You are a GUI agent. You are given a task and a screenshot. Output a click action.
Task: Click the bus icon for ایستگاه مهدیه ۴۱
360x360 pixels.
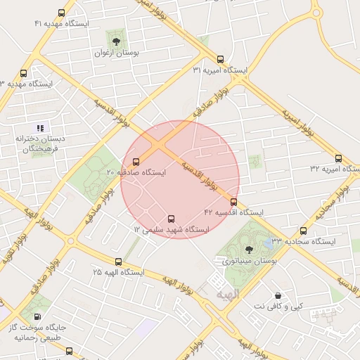pos(62,13)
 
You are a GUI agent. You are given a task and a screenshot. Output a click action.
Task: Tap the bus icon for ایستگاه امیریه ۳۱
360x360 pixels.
pos(221,59)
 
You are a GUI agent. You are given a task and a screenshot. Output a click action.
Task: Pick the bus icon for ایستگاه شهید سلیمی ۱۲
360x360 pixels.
pos(172,218)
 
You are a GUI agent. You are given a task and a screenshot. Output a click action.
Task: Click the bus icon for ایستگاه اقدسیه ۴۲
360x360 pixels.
pos(233,201)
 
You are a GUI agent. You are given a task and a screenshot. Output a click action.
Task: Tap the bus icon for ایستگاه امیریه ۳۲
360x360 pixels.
pos(338,158)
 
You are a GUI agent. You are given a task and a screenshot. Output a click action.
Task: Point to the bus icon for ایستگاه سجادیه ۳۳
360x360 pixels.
pos(303,231)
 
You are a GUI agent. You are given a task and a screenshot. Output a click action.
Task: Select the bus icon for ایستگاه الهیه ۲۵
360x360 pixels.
pos(117,261)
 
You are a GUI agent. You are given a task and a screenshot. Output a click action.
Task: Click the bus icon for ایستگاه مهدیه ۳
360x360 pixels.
pos(24,73)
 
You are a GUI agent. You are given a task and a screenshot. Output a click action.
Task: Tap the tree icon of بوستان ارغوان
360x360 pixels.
pos(116,41)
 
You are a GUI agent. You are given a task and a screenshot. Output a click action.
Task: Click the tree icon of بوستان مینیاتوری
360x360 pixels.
pos(248,249)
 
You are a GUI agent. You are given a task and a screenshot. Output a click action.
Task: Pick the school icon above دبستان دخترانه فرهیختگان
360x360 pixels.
pos(41,127)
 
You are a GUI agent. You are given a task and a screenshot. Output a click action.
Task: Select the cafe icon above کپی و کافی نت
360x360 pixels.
pos(278,295)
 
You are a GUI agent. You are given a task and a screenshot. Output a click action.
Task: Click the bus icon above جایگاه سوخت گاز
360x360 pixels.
pos(37,318)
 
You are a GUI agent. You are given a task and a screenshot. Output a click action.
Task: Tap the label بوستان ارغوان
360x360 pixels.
pos(117,53)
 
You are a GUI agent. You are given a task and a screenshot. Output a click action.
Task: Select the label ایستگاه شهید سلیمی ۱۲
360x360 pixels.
pos(172,230)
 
